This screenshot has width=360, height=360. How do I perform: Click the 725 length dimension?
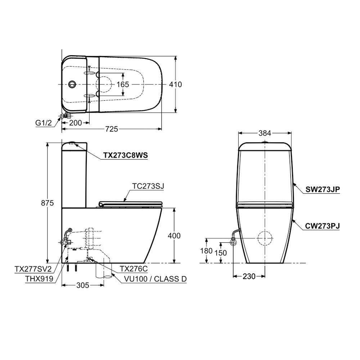click(x=112, y=129)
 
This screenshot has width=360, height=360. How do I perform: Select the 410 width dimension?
click(x=175, y=85)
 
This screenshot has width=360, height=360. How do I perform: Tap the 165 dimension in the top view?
click(x=123, y=85)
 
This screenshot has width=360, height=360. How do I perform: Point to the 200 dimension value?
click(x=76, y=123)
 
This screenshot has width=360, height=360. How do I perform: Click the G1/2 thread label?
click(x=44, y=123)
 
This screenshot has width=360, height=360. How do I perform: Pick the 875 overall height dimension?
click(x=47, y=203)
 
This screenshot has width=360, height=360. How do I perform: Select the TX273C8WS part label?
click(x=125, y=156)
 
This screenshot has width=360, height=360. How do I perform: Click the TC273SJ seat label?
click(x=148, y=186)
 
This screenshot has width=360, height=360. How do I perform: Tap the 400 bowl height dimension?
click(x=174, y=235)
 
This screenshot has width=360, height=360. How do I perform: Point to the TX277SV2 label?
click(x=33, y=269)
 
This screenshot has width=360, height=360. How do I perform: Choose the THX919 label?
click(x=39, y=279)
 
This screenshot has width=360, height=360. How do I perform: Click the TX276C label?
click(x=134, y=269)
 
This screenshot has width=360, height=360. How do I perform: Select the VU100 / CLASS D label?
click(x=156, y=279)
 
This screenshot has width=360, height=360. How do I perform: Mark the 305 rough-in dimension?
click(x=83, y=285)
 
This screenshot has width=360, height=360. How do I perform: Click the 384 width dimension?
click(x=265, y=133)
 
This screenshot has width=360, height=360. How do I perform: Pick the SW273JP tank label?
click(x=323, y=189)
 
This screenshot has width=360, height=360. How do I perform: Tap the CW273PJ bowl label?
click(x=323, y=226)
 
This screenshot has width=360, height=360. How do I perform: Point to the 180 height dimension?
click(x=206, y=251)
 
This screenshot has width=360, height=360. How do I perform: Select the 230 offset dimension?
click(x=249, y=276)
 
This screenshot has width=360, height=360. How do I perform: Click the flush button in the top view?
click(x=72, y=84)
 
